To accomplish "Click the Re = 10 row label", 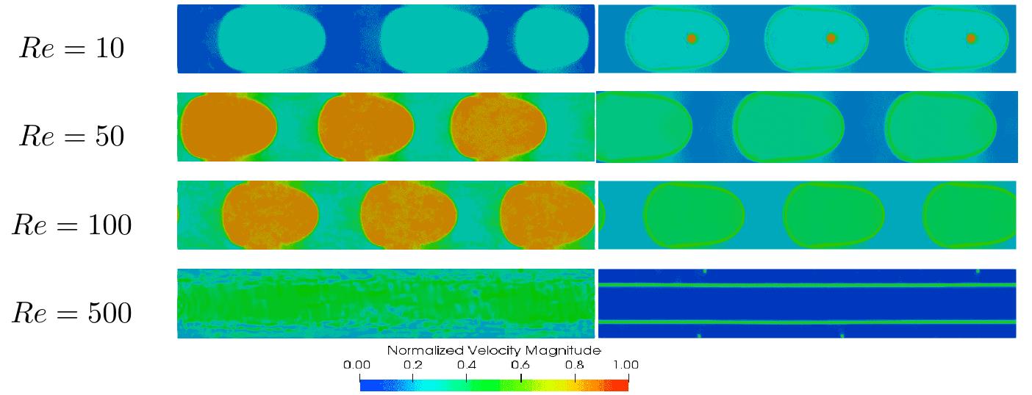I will (x=71, y=48).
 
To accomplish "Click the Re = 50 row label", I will (x=71, y=136).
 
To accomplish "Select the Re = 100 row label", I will (x=71, y=225).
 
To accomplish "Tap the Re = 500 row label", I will (x=71, y=314).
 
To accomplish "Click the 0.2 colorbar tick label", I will (x=413, y=364).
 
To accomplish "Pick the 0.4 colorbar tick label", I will (x=467, y=364).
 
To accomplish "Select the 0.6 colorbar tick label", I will (x=520, y=364).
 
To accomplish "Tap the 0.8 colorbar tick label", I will (x=574, y=364).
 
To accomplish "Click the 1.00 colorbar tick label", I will (x=626, y=364).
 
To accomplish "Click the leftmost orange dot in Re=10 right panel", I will (x=691, y=38).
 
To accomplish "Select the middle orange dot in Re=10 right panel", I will (x=831, y=38).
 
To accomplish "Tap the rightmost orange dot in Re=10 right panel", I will (x=970, y=38).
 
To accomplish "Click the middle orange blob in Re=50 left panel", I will (x=365, y=126).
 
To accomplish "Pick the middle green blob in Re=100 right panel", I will (x=833, y=215).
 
